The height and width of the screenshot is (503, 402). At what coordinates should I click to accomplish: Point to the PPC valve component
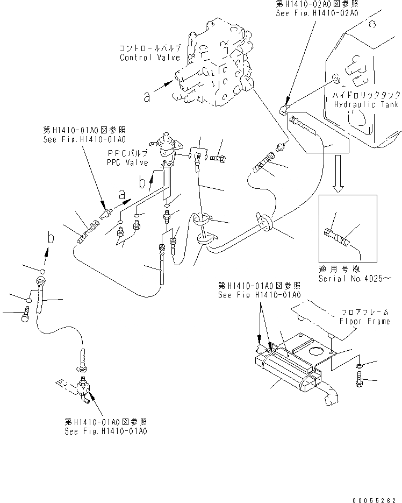[x=167, y=148]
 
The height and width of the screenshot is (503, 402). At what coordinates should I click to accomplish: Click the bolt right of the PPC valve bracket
[x=218, y=158]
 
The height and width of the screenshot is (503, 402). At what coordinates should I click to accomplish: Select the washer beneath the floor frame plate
[x=359, y=366]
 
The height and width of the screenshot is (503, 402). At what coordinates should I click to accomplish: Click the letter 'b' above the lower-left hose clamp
[x=49, y=237]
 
